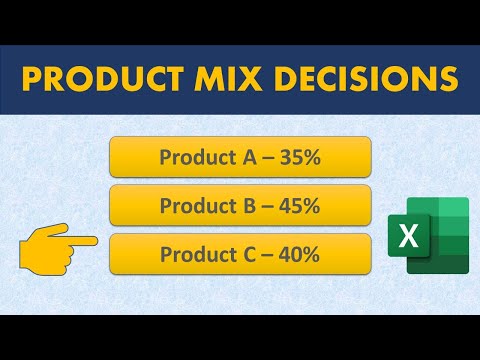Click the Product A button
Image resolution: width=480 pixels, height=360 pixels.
(239, 157)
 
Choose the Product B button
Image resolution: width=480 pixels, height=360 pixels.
(239, 206)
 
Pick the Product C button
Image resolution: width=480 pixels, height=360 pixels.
(239, 255)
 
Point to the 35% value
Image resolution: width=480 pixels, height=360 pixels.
(296, 157)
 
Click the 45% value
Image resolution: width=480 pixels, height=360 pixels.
(296, 206)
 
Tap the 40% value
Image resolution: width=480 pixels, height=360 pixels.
(296, 255)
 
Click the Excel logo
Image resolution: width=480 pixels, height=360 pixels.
(434, 235)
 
